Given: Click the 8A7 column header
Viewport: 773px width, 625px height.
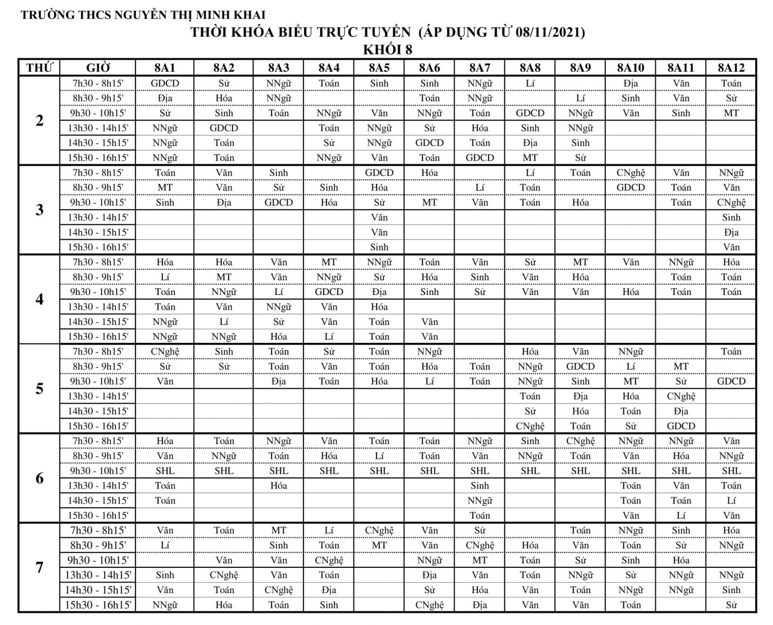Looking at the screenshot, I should click(x=479, y=67).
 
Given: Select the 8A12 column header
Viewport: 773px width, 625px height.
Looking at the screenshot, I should click(x=731, y=67).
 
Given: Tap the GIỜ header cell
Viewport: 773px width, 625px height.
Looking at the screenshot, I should click(x=97, y=67).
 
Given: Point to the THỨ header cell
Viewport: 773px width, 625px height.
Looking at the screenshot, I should click(x=39, y=67).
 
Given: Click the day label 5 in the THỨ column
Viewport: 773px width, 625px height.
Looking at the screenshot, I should click(x=39, y=389).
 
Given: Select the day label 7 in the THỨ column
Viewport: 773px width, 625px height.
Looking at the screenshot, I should click(x=39, y=567).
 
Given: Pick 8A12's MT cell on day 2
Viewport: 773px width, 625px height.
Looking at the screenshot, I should click(x=731, y=113).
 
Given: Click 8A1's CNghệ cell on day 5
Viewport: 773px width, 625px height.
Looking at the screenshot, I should click(x=165, y=352).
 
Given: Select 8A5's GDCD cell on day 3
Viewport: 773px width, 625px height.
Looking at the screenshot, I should click(x=379, y=172).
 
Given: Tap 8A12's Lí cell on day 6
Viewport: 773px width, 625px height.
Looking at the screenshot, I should click(x=731, y=500).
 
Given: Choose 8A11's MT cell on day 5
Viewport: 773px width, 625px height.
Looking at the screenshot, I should click(x=681, y=367).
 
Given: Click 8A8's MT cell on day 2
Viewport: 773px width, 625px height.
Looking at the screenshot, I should click(x=530, y=158).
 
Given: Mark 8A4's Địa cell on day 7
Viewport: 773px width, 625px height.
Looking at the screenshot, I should click(x=329, y=590).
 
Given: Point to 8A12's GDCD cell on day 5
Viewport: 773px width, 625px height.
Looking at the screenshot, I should click(x=731, y=381).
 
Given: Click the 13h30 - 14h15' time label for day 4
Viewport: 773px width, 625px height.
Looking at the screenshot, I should click(x=97, y=307).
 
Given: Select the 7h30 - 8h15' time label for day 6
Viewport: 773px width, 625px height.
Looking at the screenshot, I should click(x=97, y=441).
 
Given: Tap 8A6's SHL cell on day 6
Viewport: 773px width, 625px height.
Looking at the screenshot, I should click(x=429, y=471).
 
